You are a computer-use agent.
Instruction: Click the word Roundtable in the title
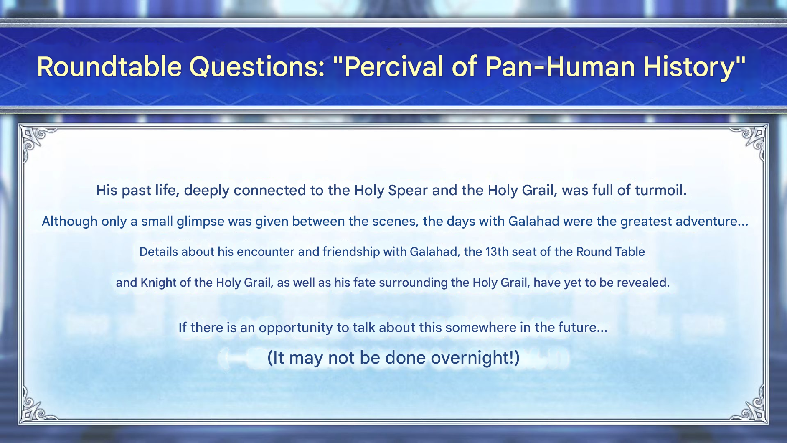pos(109,67)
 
